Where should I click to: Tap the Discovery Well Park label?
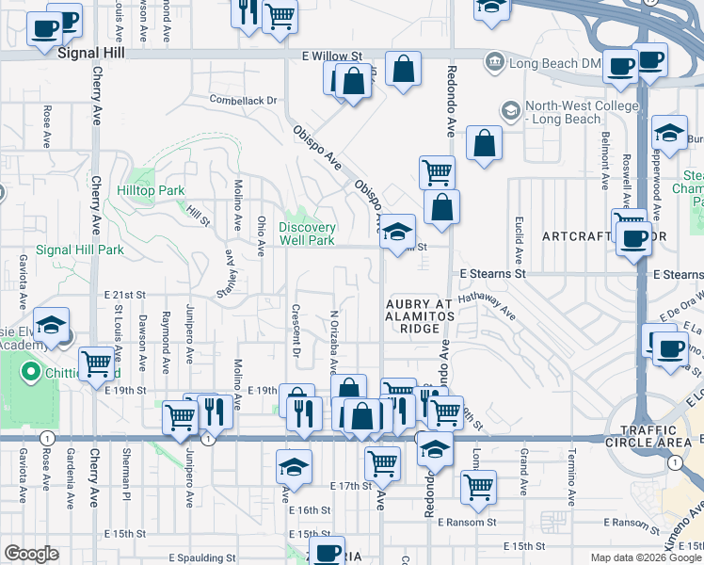point(307,234)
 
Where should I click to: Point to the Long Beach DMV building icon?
point(494,63)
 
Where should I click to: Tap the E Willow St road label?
point(332,56)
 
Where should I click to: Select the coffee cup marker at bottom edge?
point(328,552)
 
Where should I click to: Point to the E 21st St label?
point(125,295)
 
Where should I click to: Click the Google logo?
point(31,554)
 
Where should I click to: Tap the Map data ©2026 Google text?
point(645,557)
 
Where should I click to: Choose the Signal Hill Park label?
point(80,250)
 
